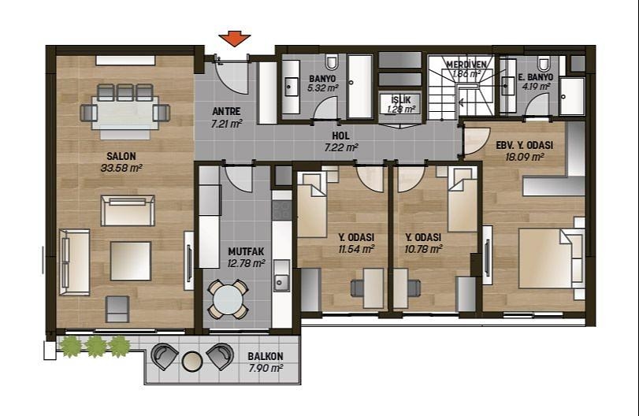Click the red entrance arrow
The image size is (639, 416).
coord(234,39)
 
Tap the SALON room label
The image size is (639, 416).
coord(121,156)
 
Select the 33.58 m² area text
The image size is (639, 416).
coord(121,168)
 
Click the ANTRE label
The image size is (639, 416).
coord(226,111)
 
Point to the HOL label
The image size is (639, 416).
coord(340,136)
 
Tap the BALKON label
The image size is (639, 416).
coord(266,356)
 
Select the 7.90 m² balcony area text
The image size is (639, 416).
coord(266,368)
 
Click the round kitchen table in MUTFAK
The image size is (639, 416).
coord(228,299)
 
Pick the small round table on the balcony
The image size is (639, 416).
coord(192,361)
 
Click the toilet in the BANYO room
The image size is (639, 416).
coord(332,62)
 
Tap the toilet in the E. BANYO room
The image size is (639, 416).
coord(543,63)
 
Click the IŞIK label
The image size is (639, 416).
coord(401,100)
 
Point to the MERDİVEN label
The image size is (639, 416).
coord(466,65)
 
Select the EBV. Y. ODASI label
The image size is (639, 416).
coord(525,145)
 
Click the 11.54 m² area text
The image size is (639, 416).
coord(357,248)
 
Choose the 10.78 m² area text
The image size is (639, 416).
coord(423,248)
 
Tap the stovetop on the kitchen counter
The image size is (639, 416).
coord(281,210)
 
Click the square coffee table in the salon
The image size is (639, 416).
coord(131,261)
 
